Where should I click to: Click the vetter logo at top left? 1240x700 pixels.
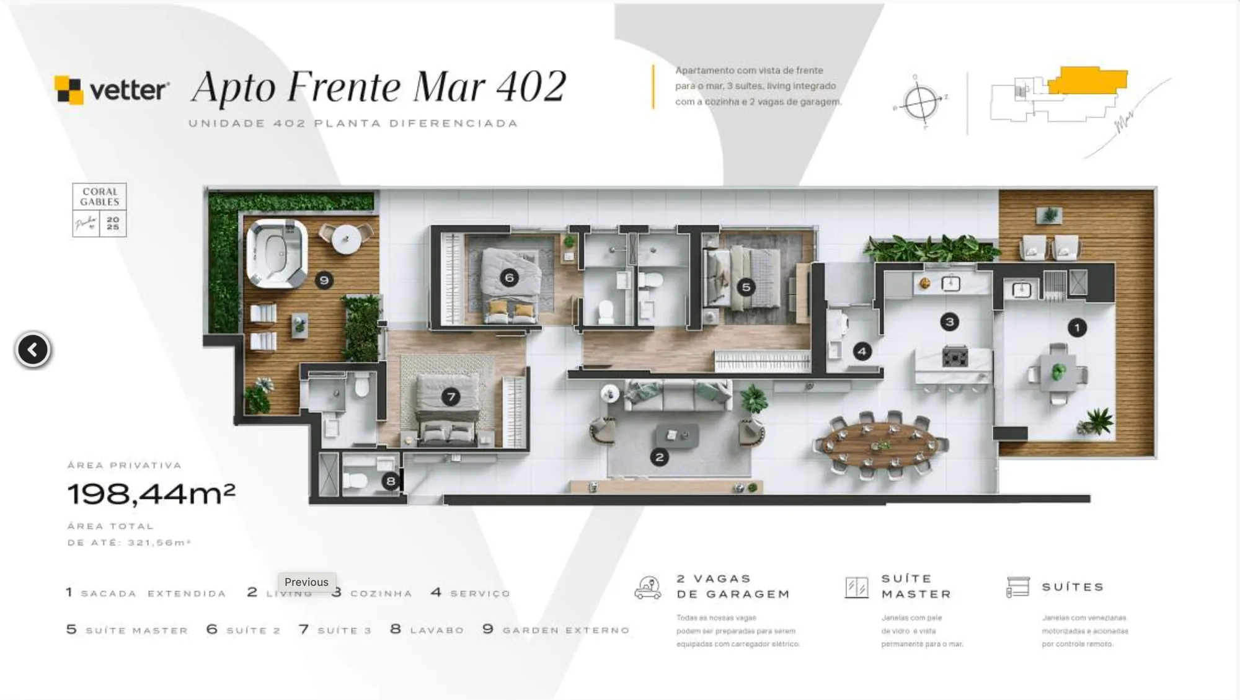112,91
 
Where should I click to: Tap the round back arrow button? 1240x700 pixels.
33,350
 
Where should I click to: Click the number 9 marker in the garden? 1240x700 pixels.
324,280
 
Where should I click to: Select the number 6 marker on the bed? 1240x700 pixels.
509,278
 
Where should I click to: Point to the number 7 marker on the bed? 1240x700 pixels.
451,397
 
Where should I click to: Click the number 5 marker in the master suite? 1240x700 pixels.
746,287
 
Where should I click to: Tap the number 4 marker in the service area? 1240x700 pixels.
862,352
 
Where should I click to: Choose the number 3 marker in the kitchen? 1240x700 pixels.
949,322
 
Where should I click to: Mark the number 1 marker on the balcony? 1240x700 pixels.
1077,327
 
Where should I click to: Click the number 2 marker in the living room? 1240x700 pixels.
659,458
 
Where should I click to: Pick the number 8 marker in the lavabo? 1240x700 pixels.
391,481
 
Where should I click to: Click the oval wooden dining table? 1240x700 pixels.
880,444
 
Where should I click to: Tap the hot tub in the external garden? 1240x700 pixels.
277,254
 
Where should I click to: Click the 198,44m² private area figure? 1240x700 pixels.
151,494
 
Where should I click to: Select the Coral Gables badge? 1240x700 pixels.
99,210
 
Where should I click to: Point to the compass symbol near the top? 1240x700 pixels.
921,103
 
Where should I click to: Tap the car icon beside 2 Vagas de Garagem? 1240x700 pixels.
648,587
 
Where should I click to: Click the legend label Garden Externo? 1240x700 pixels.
565,631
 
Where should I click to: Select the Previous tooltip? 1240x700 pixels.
306,582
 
